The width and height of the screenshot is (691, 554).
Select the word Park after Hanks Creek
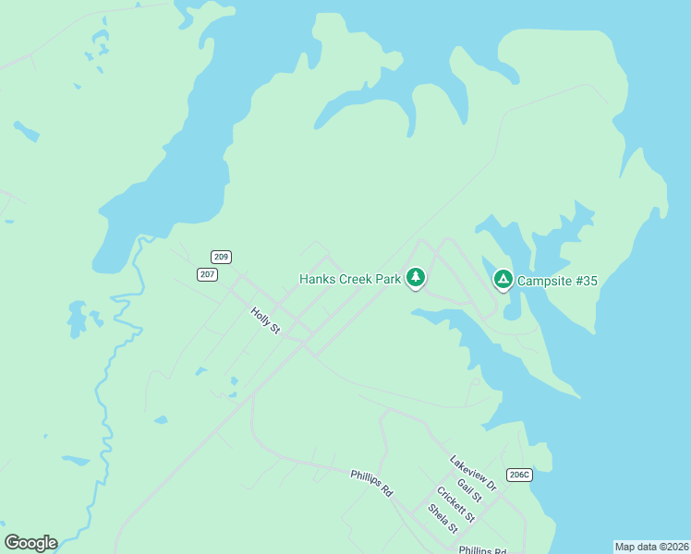388,279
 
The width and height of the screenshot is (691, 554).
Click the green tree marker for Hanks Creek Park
416,277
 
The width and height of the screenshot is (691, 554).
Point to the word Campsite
545,280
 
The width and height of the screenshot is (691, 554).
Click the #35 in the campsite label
586,280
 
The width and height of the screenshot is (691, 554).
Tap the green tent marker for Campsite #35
503,277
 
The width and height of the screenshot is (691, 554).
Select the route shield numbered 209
221,257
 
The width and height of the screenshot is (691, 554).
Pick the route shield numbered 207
207,274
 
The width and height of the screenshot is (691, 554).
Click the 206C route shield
520,475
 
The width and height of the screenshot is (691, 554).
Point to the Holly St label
265,320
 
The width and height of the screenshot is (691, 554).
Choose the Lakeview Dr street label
473,472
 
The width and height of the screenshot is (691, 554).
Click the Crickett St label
455,504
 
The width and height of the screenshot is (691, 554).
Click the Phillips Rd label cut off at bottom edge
482,549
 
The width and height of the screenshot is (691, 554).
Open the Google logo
30,543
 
